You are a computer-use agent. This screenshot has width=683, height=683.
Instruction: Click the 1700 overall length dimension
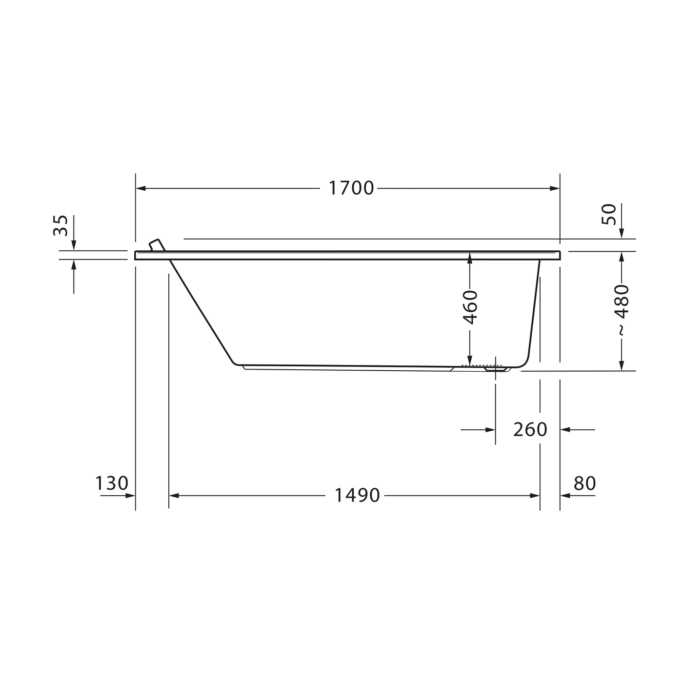click(x=351, y=188)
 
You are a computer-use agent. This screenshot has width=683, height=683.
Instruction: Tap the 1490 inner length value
click(x=357, y=496)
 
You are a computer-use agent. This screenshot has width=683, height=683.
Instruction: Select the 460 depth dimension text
click(x=470, y=307)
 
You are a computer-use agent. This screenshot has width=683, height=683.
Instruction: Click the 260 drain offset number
click(x=530, y=430)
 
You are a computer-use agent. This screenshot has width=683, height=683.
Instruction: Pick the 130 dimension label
click(x=112, y=483)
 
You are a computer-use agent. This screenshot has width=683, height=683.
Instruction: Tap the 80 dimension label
click(x=585, y=483)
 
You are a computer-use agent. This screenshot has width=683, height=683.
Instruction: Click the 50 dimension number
click(x=609, y=214)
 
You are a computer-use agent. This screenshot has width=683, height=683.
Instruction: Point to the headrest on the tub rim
click(x=157, y=245)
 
